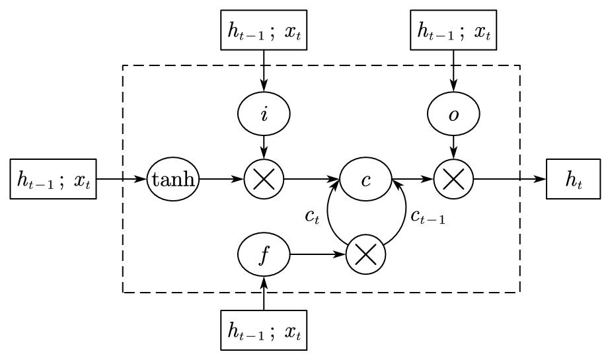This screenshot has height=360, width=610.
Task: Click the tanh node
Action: [172, 179]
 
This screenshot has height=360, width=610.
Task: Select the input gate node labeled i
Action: [264, 114]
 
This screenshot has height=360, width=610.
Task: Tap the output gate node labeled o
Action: [453, 114]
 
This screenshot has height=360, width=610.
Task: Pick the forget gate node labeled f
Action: [264, 254]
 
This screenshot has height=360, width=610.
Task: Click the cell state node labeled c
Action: [365, 179]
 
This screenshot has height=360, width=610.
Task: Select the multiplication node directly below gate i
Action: [264, 179]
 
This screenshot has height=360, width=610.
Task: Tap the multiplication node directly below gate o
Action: [453, 179]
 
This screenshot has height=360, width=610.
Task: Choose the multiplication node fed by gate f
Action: [365, 254]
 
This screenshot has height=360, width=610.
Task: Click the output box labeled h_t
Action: [573, 179]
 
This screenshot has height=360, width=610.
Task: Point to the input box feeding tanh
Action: [54, 179]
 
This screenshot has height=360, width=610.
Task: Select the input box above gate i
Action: [264, 30]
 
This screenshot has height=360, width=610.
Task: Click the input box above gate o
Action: [453, 30]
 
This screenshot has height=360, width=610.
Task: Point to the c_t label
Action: [313, 217]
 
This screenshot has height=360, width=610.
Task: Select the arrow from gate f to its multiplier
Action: [318, 254]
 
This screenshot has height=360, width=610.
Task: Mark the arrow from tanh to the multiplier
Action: [221, 179]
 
